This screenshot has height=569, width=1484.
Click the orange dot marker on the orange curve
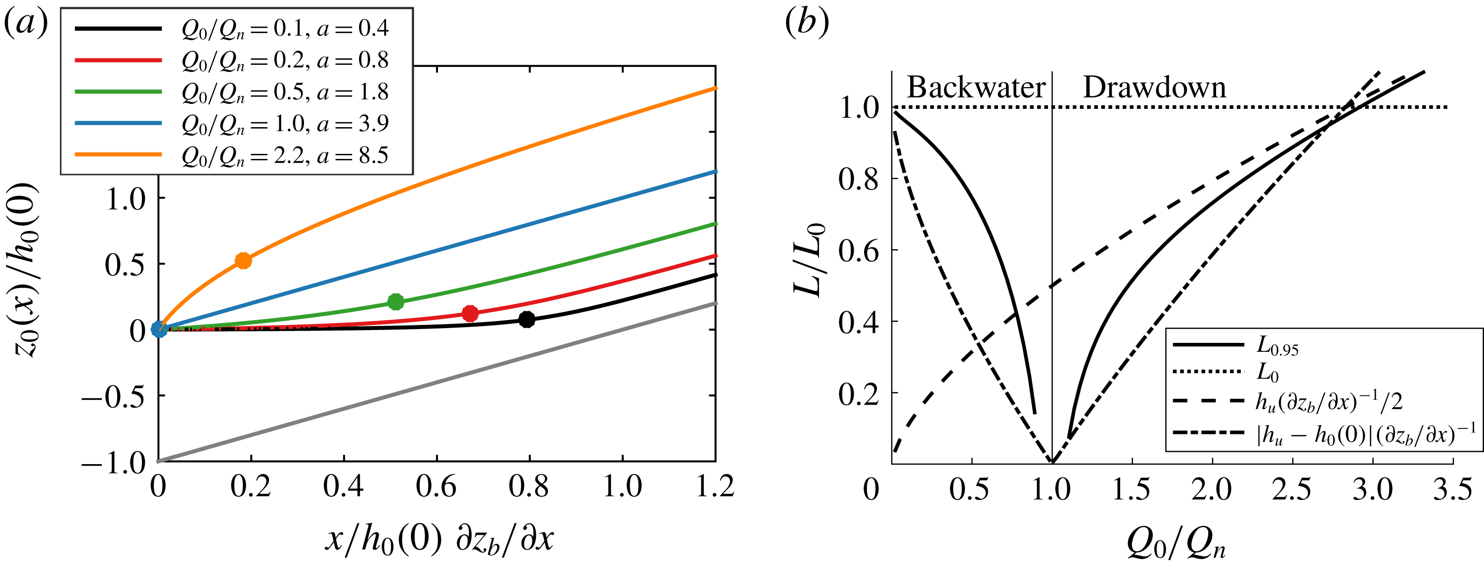pos(244,261)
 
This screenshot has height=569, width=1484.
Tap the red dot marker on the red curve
pos(470,314)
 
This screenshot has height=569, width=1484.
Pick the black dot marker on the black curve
pos(526,319)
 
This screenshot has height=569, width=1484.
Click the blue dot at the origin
pos(159,329)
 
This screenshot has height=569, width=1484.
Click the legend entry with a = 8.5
pos(285,155)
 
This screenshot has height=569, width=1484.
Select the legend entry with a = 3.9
pos(285,123)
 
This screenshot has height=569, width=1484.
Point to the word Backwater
pos(976,88)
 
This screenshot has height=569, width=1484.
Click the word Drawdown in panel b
pos(1154,88)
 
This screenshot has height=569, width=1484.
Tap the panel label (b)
pos(807,23)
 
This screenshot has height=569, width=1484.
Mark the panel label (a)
pos(26,23)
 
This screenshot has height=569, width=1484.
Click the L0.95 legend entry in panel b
pos(1276,346)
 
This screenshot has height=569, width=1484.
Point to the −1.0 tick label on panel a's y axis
pos(114,462)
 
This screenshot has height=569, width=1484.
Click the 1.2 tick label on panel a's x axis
pos(715,486)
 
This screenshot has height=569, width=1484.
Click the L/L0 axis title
pos(809,259)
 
